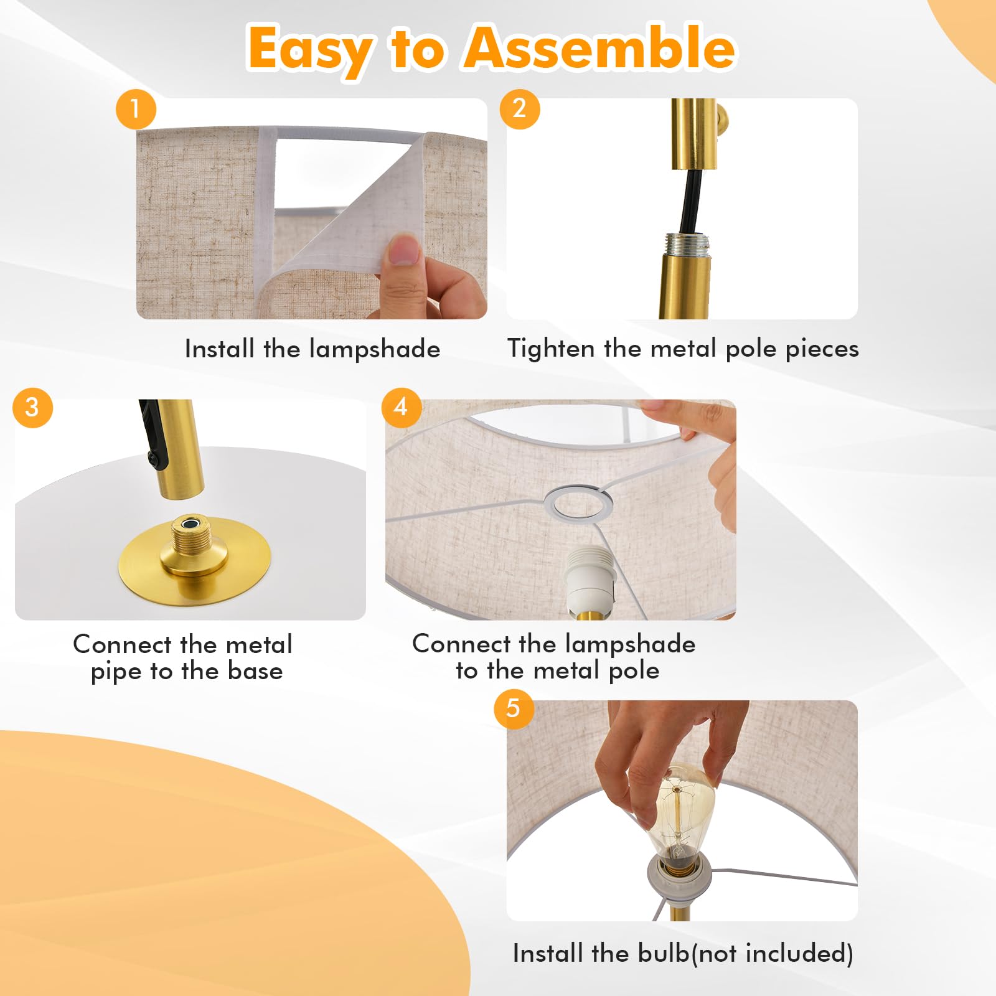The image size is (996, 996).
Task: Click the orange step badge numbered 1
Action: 135,109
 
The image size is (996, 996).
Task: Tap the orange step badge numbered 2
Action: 519,109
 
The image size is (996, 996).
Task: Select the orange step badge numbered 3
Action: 32,408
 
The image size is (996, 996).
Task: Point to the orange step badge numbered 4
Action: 401,408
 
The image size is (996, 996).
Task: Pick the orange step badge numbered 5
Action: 514,708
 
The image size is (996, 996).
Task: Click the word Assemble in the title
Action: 600,49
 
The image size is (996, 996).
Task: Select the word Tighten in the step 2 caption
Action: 551,349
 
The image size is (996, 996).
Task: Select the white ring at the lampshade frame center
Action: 578,503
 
